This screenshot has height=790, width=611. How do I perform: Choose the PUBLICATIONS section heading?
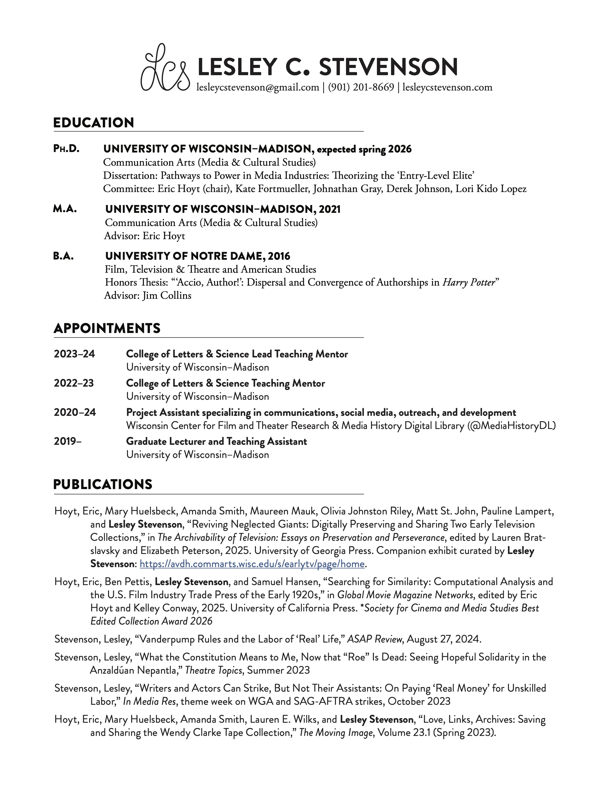[103, 484]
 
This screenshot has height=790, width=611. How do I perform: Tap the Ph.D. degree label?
[66, 149]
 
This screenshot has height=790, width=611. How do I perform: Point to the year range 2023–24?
[75, 354]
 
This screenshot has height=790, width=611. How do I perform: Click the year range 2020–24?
[75, 412]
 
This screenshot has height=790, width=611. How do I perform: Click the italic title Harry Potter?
[468, 282]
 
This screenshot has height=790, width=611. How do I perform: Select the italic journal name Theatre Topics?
[213, 670]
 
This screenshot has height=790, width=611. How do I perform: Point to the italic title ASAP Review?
[374, 639]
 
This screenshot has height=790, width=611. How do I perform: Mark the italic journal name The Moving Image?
[336, 733]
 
